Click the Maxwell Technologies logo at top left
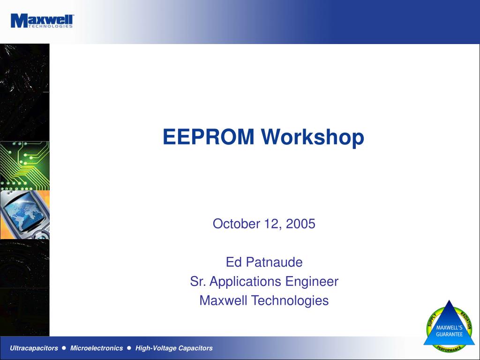(42, 21)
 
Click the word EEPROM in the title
(209, 136)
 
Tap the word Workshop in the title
(313, 137)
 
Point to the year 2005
(300, 224)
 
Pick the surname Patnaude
(274, 262)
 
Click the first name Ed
(234, 262)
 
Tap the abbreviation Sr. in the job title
(198, 281)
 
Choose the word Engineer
(312, 282)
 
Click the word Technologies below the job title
(290, 301)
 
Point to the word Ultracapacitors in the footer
(34, 348)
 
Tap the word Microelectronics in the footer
(97, 348)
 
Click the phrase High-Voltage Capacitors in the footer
(174, 348)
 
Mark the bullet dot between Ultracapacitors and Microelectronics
(64, 348)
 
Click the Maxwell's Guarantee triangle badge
(449, 327)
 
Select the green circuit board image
(24, 165)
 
